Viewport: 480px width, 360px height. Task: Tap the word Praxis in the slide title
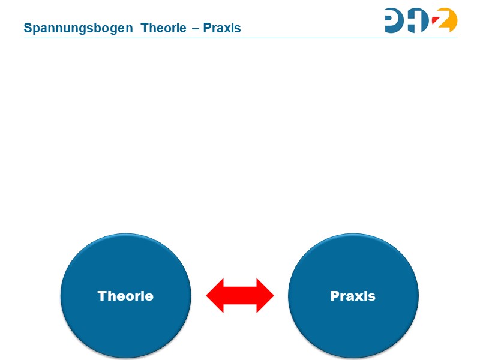(x=222, y=28)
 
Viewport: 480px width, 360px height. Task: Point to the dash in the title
(x=196, y=28)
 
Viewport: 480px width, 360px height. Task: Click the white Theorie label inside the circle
(x=125, y=296)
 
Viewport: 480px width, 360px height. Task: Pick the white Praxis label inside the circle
(x=353, y=296)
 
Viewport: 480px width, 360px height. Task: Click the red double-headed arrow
(x=240, y=295)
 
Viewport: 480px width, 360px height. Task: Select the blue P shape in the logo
(x=397, y=20)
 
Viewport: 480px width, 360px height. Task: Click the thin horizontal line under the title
(x=240, y=38)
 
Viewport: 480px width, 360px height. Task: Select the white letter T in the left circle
(x=102, y=296)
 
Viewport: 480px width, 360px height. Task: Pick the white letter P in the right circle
(x=334, y=296)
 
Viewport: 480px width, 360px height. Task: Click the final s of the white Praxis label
(x=372, y=296)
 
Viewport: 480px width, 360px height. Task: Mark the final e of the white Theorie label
(x=149, y=296)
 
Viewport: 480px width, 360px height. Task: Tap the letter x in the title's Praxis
(x=228, y=28)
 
